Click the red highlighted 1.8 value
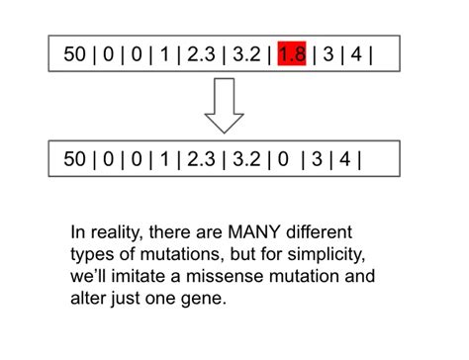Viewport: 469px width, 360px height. coord(292,54)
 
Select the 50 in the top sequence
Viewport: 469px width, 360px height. coord(75,54)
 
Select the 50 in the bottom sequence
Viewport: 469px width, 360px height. coord(75,157)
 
